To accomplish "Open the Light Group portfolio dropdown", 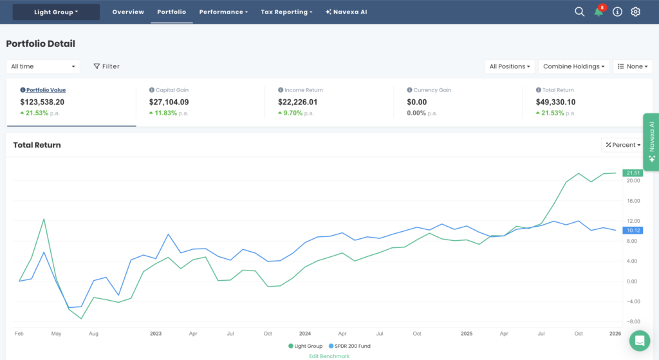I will tap(56, 12).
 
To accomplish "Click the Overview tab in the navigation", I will tap(128, 12).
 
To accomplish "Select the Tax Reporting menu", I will tap(286, 12).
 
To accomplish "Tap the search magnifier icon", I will tap(579, 12).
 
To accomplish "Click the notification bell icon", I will tap(599, 12).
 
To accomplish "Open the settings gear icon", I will tap(636, 12).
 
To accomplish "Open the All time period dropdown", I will tap(43, 66).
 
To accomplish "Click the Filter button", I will tap(106, 66).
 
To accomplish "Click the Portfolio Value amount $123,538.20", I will tap(42, 102).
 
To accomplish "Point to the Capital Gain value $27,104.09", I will tap(169, 102).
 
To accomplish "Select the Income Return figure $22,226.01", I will tap(297, 102).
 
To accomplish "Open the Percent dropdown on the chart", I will tap(623, 145).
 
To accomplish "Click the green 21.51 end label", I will tap(633, 173).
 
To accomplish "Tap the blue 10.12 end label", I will tap(633, 230).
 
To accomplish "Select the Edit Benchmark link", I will tap(329, 355).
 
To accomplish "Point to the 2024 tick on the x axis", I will tap(305, 334).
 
